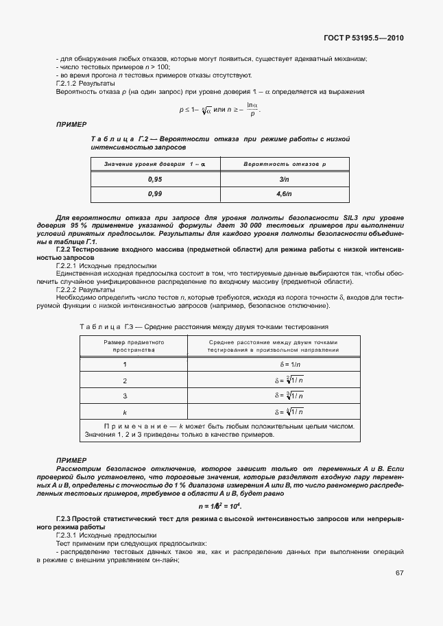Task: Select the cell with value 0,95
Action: point(154,179)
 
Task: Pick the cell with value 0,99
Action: point(154,194)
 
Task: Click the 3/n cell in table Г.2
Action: point(285,179)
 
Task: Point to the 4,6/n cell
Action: point(285,194)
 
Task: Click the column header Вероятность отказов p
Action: point(285,165)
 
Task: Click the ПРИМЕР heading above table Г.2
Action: point(71,124)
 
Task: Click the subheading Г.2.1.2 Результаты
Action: point(85,83)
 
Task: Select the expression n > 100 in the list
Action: point(145,67)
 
